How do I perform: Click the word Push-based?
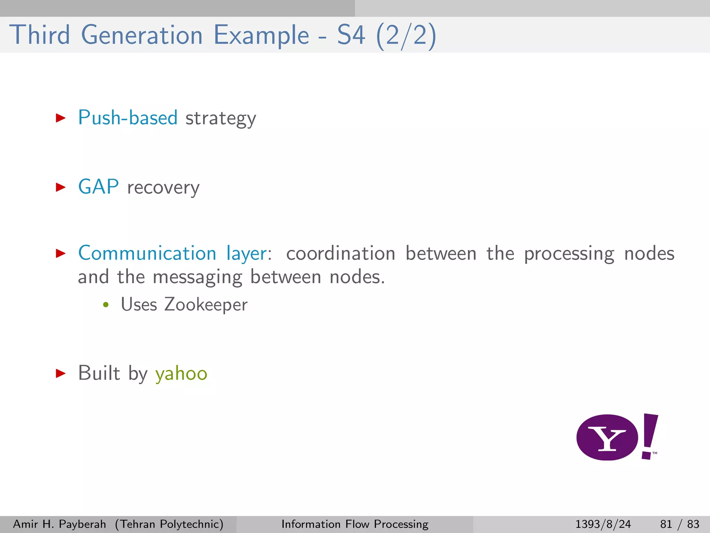128,118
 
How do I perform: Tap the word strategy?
221,119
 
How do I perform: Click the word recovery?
163,188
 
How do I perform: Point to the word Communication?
147,253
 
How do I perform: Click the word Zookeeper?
206,305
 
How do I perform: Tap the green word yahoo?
181,374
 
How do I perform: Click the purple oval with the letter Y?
607,438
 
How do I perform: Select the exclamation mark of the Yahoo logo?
649,436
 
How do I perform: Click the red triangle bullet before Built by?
61,373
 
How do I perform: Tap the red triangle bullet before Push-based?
61,118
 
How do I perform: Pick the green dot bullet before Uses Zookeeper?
106,305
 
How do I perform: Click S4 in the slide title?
351,35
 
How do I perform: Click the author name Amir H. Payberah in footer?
59,524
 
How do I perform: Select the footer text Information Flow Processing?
355,524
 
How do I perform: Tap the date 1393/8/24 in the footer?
603,524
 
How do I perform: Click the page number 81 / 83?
679,524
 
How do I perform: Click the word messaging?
197,278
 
